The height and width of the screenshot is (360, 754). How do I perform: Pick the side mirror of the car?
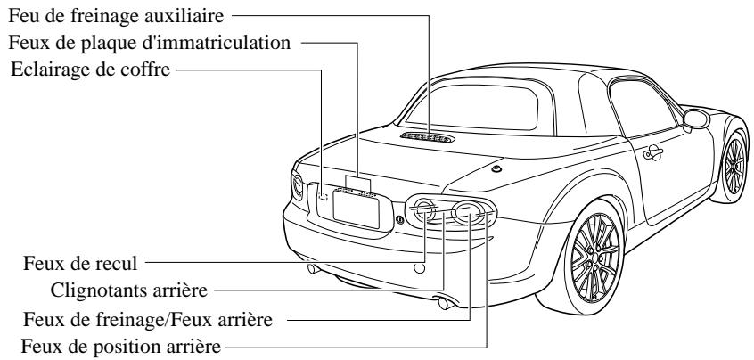694,120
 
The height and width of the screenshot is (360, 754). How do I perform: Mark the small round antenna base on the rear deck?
496,168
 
